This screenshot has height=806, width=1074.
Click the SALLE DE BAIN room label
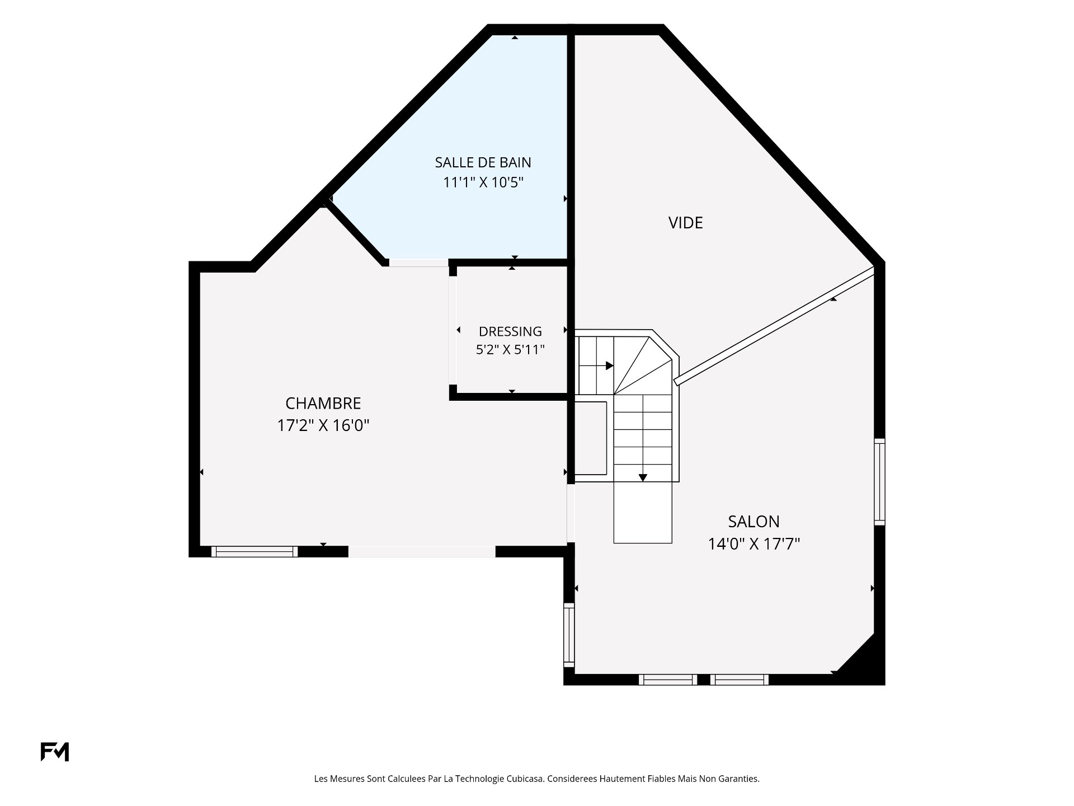click(x=483, y=162)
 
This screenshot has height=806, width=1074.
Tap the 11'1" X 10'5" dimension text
click(x=483, y=182)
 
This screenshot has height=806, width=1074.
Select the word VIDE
click(x=685, y=223)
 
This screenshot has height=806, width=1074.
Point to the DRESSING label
click(x=510, y=331)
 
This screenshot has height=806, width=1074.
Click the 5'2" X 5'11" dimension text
click(x=510, y=350)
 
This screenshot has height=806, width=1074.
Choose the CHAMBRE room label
click(x=323, y=403)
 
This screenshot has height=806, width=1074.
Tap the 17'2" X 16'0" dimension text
click(x=323, y=425)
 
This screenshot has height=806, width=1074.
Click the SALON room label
click(x=753, y=522)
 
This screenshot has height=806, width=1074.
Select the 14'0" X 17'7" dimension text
click(x=754, y=544)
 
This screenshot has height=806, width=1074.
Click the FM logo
click(x=54, y=752)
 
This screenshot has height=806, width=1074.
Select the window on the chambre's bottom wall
click(x=255, y=552)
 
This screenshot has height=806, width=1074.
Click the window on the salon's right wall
click(x=880, y=481)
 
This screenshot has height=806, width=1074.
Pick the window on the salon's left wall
click(x=569, y=635)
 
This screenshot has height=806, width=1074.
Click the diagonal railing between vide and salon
click(x=774, y=326)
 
